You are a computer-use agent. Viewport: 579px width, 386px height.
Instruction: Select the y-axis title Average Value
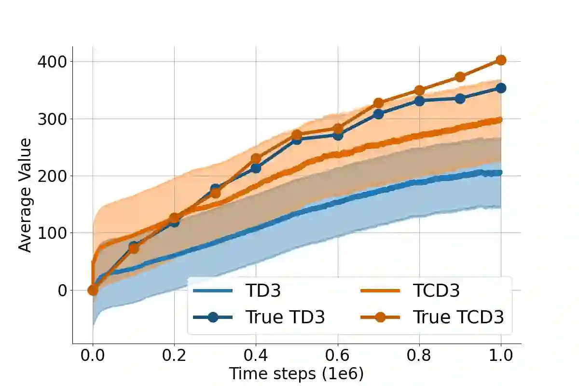(25, 195)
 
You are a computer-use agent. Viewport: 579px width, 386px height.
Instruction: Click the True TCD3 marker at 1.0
(501, 60)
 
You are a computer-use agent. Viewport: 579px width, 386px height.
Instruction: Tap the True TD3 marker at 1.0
(501, 88)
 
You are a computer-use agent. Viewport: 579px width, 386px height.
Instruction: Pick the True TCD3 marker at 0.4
(256, 159)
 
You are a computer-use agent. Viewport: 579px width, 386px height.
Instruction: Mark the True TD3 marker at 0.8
(419, 101)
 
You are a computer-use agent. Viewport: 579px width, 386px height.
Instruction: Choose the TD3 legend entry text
(263, 290)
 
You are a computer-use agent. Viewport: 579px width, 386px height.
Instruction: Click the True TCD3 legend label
(458, 317)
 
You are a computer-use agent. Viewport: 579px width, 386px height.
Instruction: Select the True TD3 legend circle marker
(213, 317)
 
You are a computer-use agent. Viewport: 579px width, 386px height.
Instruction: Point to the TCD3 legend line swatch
(380, 290)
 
